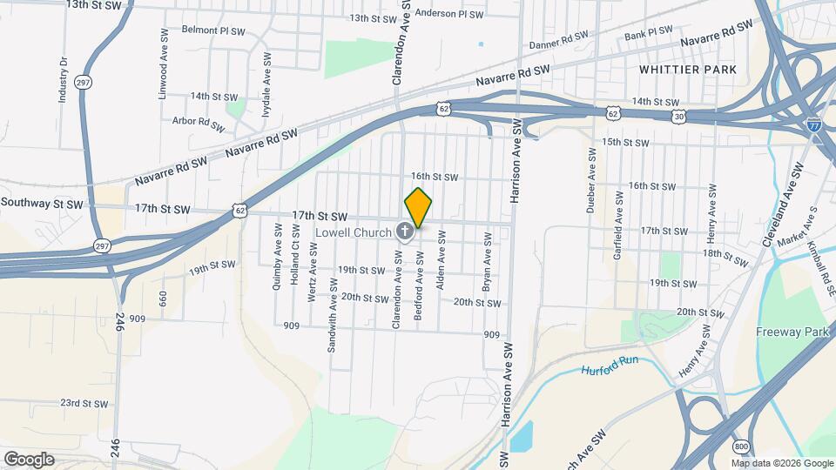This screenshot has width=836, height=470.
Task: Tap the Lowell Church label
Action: pyautogui.click(x=354, y=232)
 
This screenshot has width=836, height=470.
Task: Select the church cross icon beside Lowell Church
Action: pyautogui.click(x=405, y=232)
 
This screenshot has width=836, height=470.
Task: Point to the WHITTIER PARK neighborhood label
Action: pyautogui.click(x=687, y=69)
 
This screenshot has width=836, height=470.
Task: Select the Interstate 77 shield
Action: pyautogui.click(x=813, y=124)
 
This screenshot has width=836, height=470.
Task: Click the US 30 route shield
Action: pyautogui.click(x=678, y=115)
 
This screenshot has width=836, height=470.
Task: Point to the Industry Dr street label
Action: pyautogui.click(x=63, y=81)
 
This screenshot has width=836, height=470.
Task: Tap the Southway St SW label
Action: pyautogui.click(x=42, y=204)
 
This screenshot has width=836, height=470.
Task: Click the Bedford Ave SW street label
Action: pyautogui.click(x=419, y=287)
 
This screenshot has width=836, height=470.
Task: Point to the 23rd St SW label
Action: pyautogui.click(x=83, y=404)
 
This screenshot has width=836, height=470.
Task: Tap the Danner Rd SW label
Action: pyautogui.click(x=559, y=41)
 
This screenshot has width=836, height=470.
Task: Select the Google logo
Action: pyautogui.click(x=29, y=459)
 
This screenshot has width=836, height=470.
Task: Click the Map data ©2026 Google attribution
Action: pyautogui.click(x=781, y=462)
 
